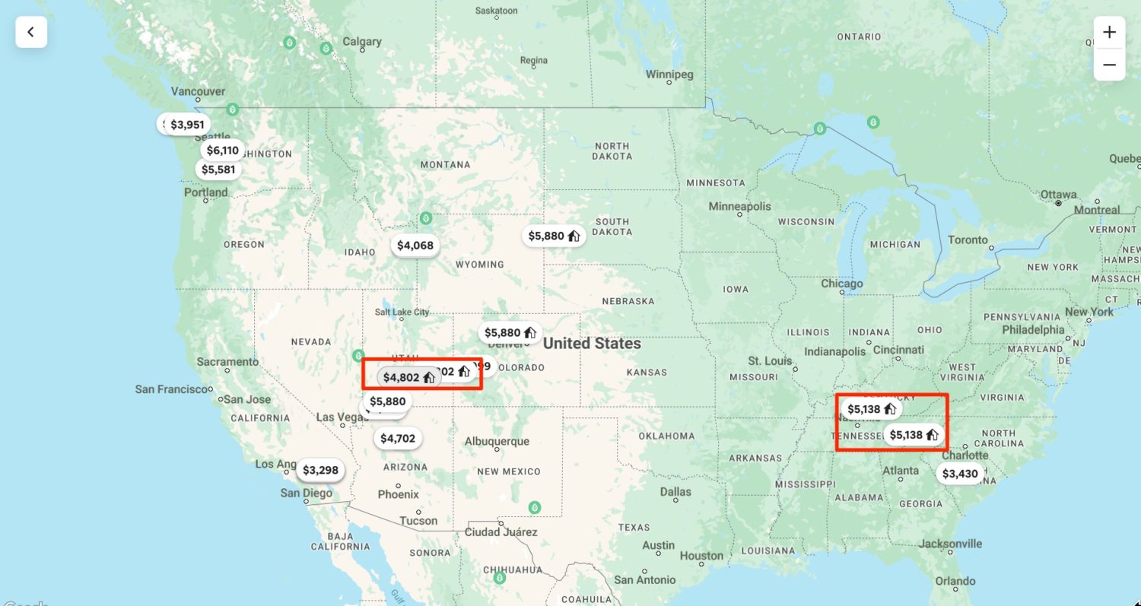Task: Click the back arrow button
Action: [31, 32]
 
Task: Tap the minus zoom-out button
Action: [1109, 65]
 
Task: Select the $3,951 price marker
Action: [187, 124]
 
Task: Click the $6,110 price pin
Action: [223, 150]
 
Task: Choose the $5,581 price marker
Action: [218, 170]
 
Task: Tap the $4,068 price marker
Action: [415, 246]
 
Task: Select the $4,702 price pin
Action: [398, 438]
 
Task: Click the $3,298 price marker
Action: [320, 470]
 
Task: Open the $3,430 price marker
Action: [960, 474]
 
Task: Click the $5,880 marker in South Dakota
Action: [554, 236]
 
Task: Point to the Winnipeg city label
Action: [669, 75]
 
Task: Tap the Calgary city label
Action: [362, 42]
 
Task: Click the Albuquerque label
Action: [497, 442]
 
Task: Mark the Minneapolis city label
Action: [739, 206]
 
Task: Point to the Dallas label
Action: [675, 491]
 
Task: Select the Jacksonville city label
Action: [950, 544]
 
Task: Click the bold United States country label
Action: [592, 344]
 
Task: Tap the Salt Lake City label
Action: [402, 312]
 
